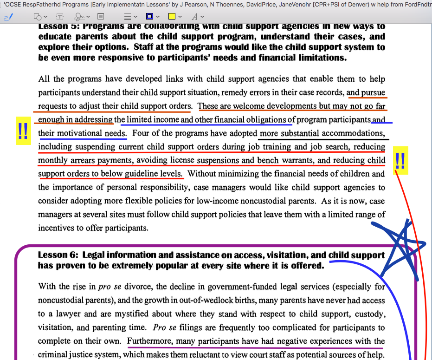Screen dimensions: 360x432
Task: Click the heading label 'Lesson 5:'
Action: pyautogui.click(x=58, y=26)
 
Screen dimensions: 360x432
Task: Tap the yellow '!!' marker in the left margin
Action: pyautogui.click(x=22, y=132)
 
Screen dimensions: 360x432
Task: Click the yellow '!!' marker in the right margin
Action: pyautogui.click(x=400, y=161)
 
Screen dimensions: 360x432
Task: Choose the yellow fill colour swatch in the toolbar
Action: pyautogui.click(x=172, y=17)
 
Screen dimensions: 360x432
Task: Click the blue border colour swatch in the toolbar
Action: pyautogui.click(x=149, y=17)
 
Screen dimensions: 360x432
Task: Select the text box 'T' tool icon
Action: pyautogui.click(x=60, y=17)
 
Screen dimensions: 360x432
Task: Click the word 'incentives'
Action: pyautogui.click(x=58, y=228)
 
